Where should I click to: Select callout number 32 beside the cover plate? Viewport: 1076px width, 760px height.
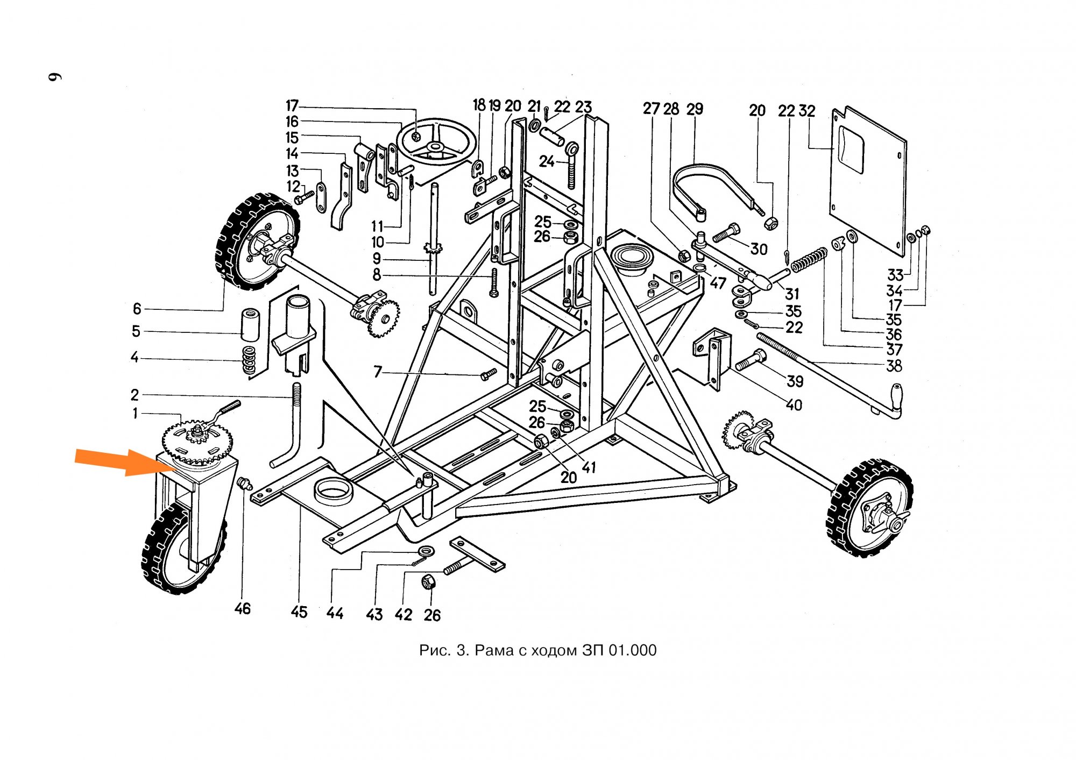806,111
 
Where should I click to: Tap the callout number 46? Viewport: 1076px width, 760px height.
242,608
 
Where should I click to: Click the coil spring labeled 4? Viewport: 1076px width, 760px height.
249,360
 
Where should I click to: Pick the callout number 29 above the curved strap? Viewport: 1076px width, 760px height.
695,109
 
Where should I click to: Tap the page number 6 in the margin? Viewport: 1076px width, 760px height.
55,76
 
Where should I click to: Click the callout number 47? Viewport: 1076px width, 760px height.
718,282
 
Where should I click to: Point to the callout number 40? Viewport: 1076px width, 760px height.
794,404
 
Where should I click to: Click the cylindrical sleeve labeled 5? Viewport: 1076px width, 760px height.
250,324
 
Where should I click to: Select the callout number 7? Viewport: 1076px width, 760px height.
378,372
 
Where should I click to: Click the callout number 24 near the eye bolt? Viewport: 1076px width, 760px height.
547,161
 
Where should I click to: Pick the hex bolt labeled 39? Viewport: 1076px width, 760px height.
750,360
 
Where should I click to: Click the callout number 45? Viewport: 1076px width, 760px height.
299,612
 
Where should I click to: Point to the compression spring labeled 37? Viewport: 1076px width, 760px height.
809,259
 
